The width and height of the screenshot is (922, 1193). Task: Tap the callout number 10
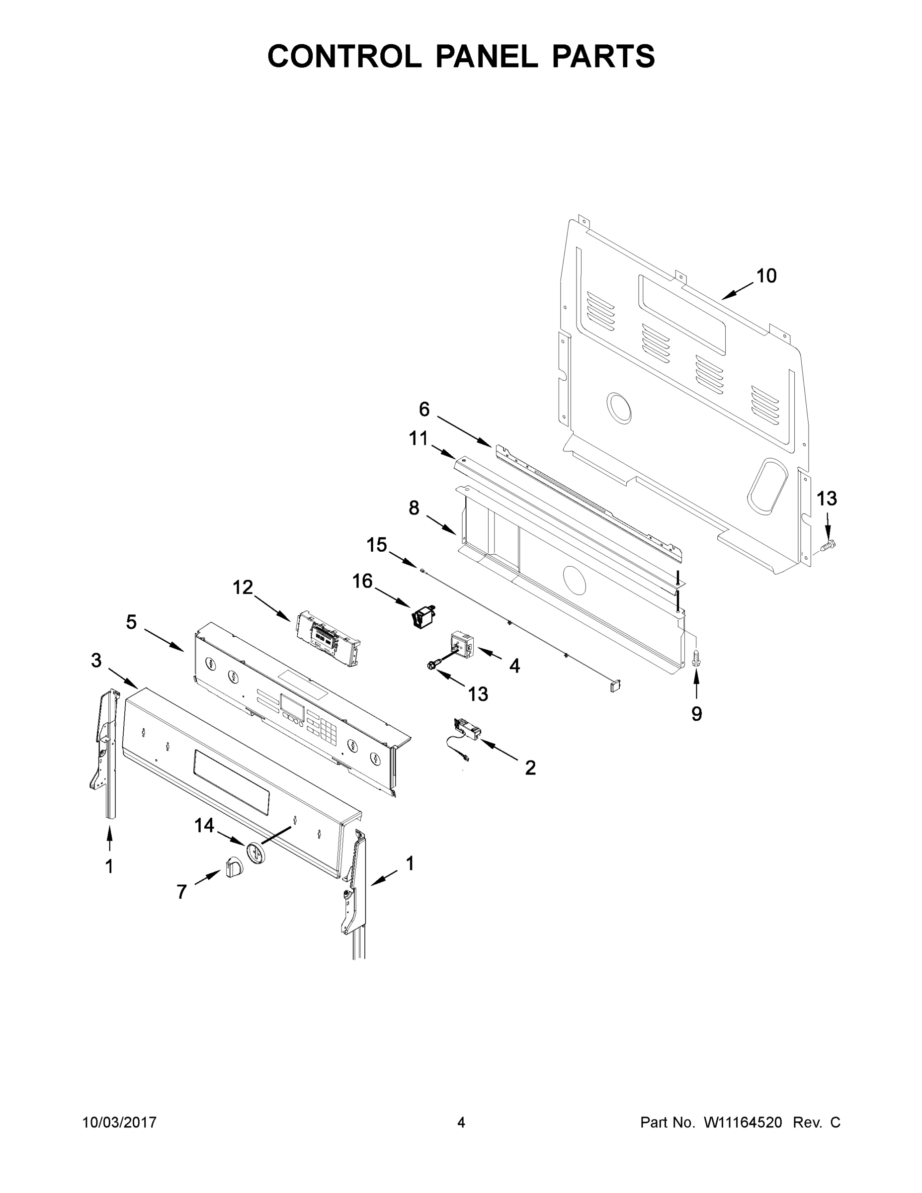click(766, 276)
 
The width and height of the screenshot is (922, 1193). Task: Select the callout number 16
click(362, 581)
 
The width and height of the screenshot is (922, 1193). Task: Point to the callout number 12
click(243, 588)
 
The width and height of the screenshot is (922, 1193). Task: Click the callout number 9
click(696, 714)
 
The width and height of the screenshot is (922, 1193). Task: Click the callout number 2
click(530, 767)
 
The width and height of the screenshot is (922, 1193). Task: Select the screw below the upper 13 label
click(828, 545)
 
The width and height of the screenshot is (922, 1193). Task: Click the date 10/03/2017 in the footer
click(120, 1122)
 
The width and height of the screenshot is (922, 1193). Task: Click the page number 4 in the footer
click(461, 1122)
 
